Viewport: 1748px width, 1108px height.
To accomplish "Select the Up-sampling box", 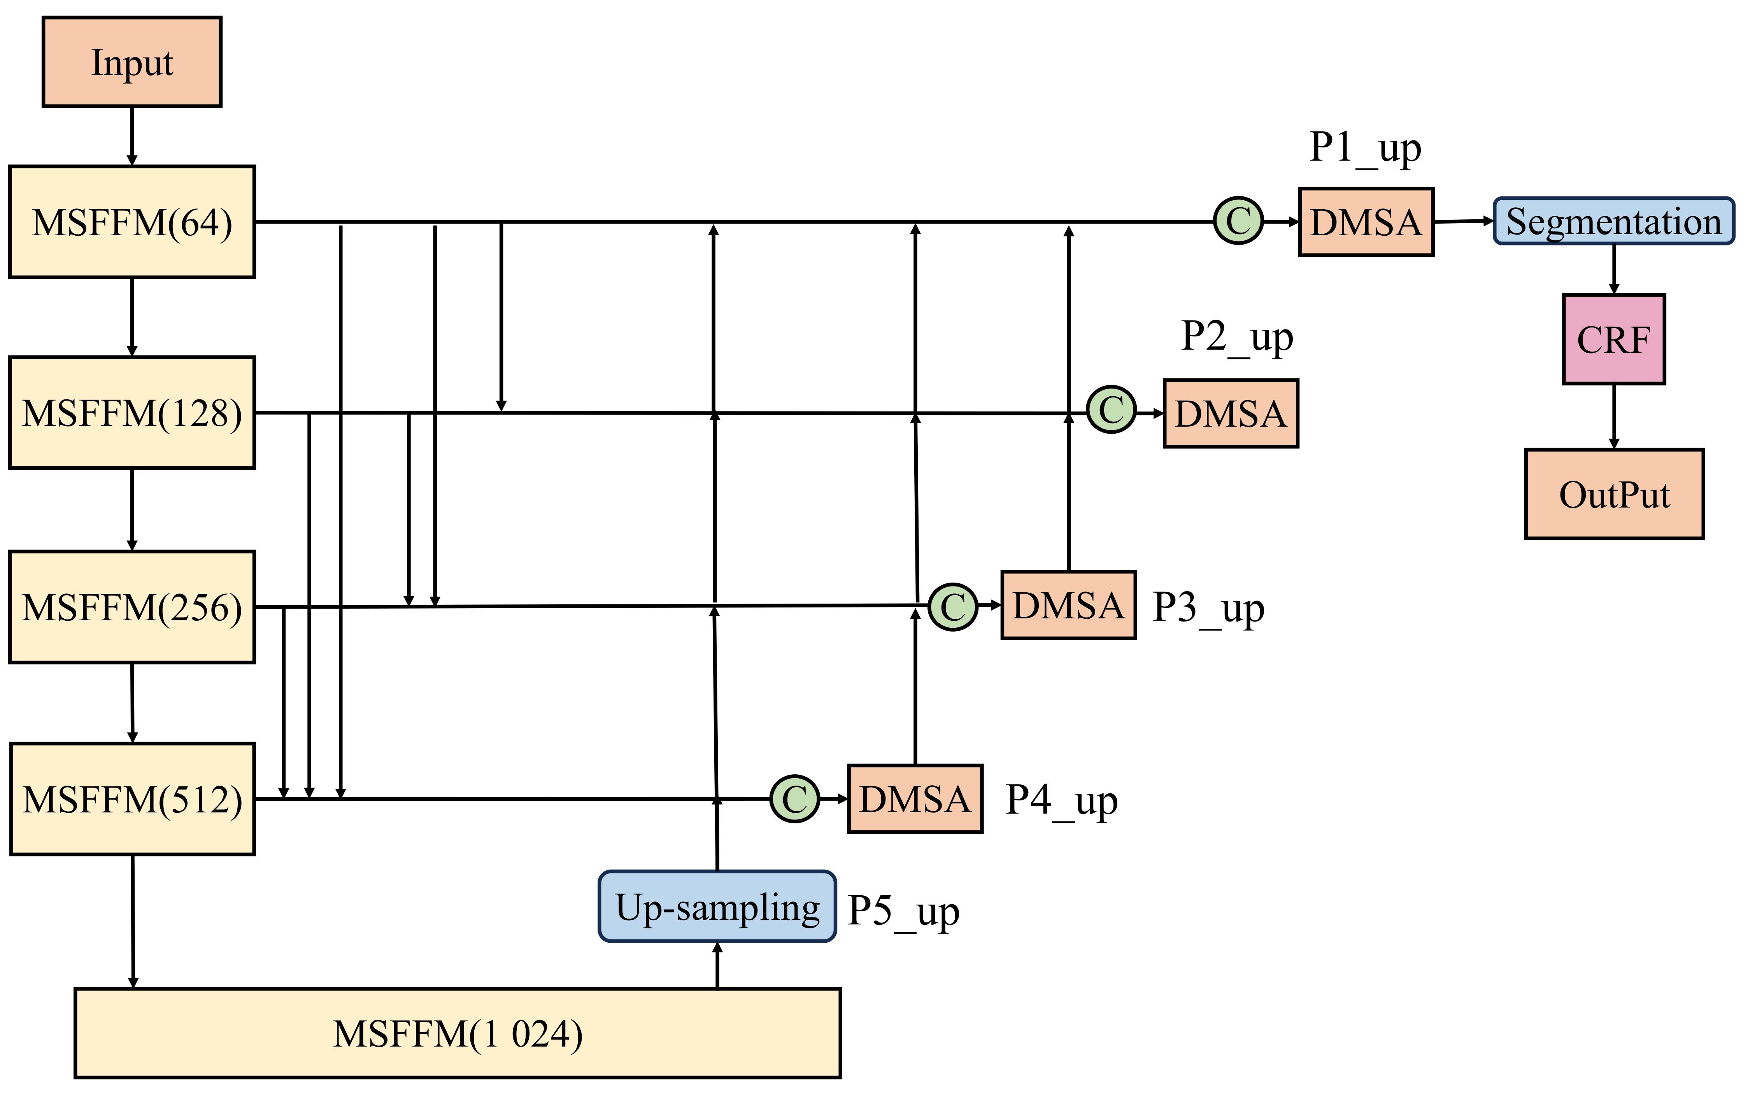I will [717, 906].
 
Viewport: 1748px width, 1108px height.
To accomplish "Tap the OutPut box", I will [1614, 494].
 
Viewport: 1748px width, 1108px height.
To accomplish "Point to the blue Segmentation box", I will [1613, 221].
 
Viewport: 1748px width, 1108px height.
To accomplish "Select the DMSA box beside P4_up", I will [915, 799].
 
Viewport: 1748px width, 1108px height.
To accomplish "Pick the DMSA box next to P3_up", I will [1068, 605].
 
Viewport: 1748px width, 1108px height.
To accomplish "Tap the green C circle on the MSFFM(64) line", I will [1238, 221].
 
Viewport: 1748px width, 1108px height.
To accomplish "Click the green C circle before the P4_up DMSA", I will [795, 799].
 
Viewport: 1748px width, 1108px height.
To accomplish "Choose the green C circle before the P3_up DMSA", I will [953, 607].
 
